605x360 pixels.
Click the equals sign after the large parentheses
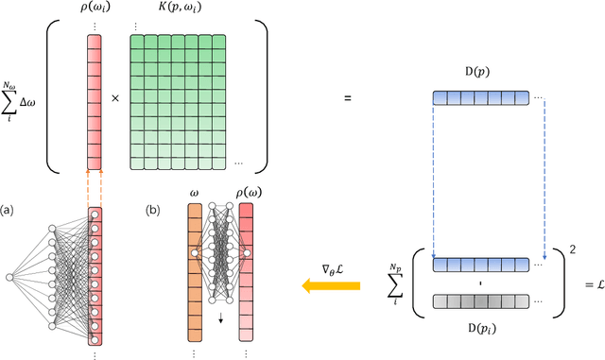(347, 97)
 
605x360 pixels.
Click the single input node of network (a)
(10, 277)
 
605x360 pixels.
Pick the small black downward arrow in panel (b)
(220, 319)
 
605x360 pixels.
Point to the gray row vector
(481, 301)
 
